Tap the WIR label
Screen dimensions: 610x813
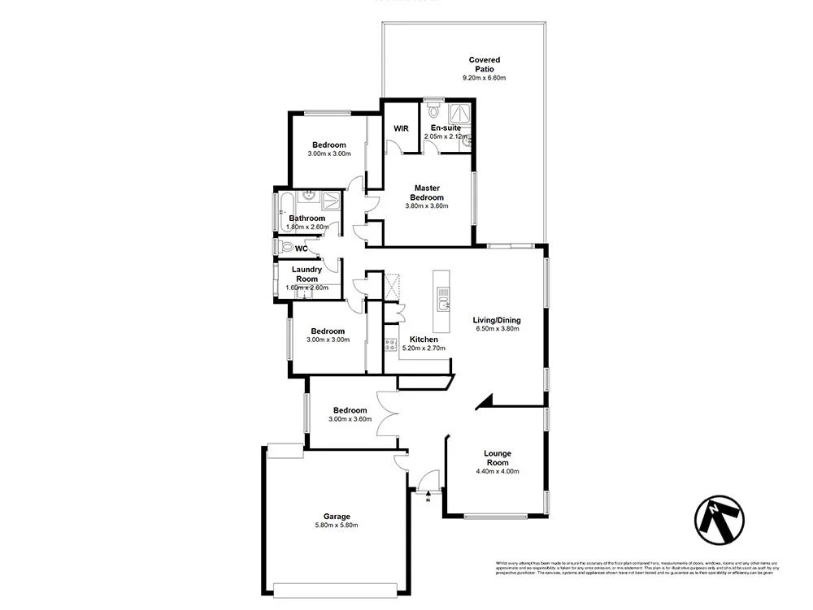401,128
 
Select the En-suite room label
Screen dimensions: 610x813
446,128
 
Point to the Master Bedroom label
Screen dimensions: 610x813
427,193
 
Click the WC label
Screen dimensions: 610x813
301,249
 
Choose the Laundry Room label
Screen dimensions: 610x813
307,274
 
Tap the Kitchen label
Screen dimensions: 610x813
424,339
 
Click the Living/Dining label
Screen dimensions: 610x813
497,320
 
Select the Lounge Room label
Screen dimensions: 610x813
497,458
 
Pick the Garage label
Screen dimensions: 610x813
337,516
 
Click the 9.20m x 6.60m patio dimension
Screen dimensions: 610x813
484,78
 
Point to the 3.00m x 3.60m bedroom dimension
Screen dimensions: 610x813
350,419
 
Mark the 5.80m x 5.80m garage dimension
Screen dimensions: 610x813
337,526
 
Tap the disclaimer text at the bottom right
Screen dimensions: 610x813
636,568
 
